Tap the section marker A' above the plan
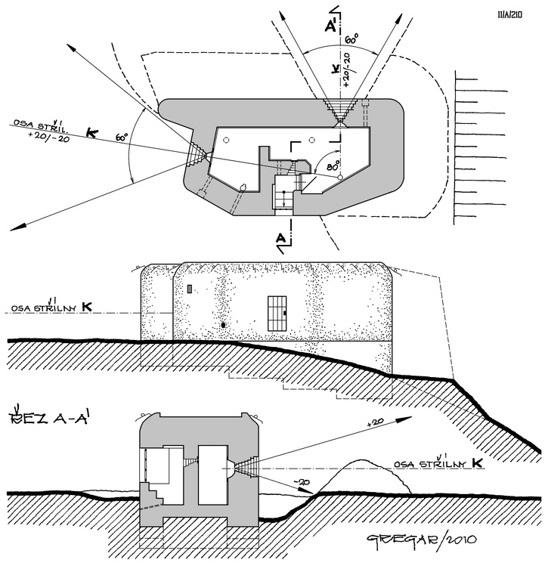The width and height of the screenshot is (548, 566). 331,27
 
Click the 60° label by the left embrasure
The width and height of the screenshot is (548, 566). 122,138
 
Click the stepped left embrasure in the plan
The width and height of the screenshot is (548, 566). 197,153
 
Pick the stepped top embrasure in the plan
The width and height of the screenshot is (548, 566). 336,111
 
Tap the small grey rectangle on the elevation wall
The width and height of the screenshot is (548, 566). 190,289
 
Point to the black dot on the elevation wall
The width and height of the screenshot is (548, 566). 224,324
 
